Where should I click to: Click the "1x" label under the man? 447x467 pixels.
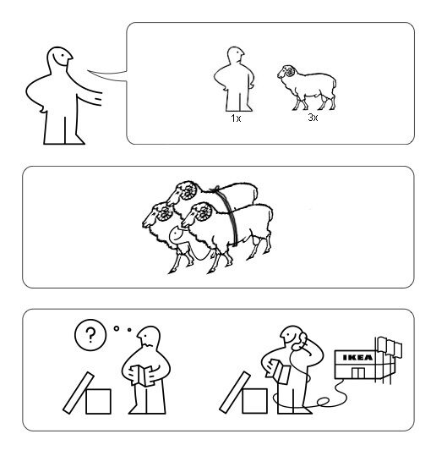click(x=236, y=118)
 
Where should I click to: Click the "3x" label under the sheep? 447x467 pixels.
click(x=313, y=118)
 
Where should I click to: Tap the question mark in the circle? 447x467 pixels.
click(x=90, y=335)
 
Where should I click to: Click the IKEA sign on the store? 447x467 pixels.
click(x=357, y=357)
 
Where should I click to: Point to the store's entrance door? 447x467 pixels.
click(x=358, y=373)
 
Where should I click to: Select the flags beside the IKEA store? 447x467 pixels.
click(x=390, y=348)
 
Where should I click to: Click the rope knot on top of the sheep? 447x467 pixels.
click(x=216, y=190)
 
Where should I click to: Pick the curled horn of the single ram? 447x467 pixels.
click(x=290, y=71)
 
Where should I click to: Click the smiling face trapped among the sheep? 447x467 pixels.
click(x=177, y=235)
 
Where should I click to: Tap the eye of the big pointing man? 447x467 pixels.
click(x=63, y=55)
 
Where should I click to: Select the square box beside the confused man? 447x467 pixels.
click(x=98, y=401)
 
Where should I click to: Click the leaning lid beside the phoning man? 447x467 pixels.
click(x=235, y=393)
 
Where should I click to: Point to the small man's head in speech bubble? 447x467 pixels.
click(x=236, y=55)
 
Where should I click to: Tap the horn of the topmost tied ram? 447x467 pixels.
click(x=188, y=191)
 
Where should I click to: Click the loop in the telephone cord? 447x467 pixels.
click(x=323, y=402)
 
